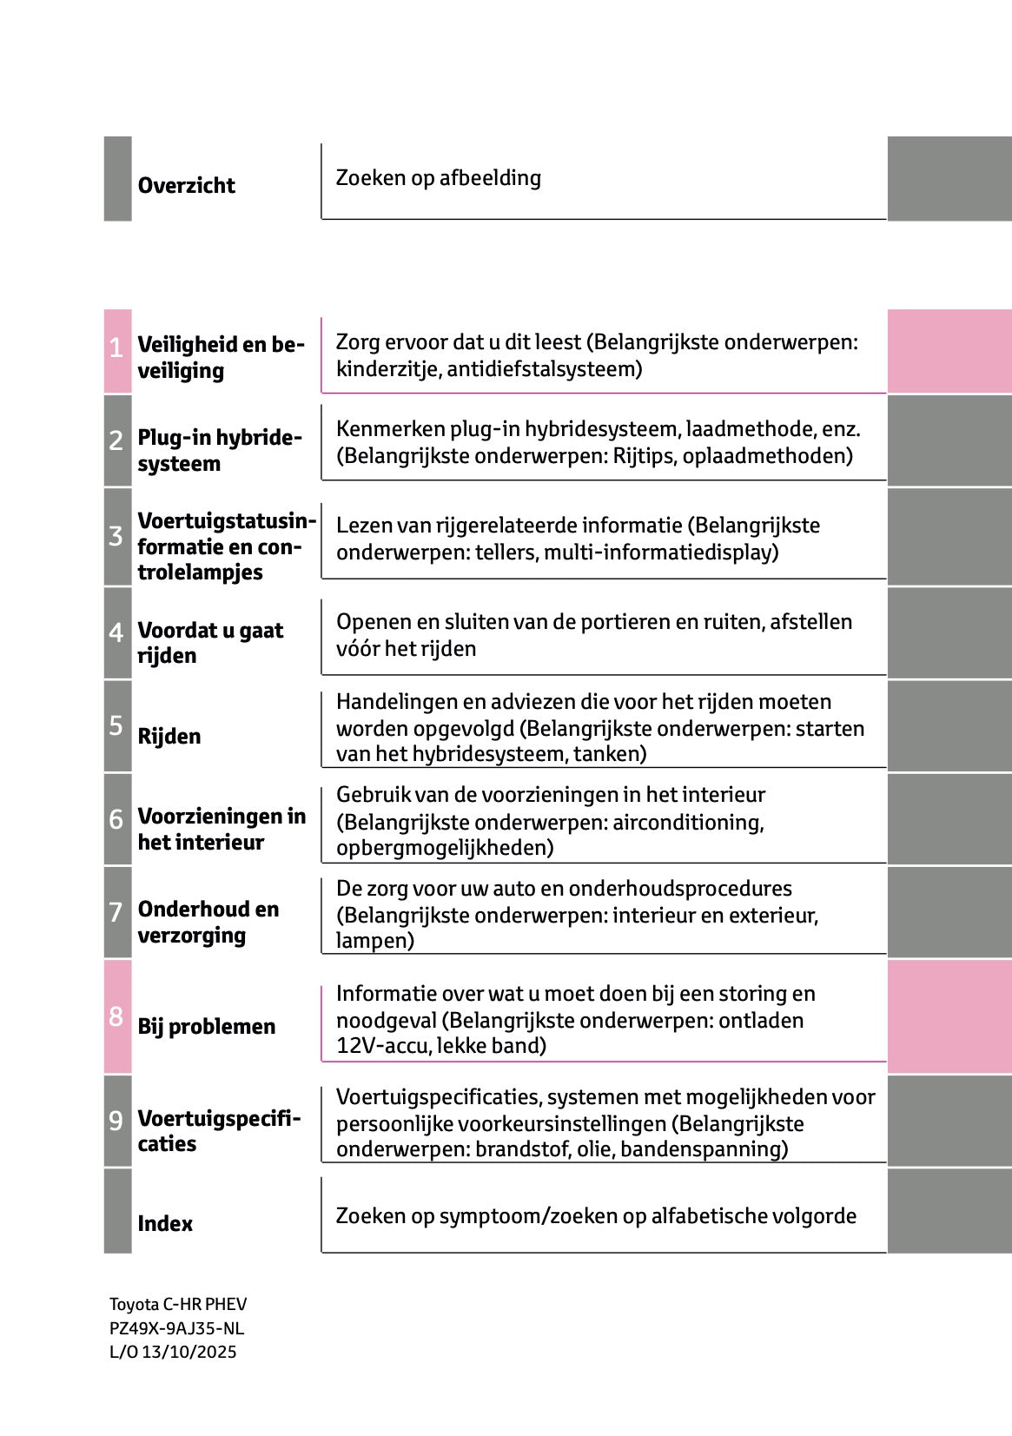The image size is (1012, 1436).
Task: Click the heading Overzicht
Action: [x=186, y=186]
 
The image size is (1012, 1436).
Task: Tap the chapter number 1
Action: [x=116, y=349]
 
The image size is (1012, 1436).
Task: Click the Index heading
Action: [x=165, y=1223]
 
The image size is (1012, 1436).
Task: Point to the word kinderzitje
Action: [x=387, y=369]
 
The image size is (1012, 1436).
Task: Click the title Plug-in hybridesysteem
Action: [x=219, y=450]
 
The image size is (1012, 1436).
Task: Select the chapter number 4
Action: [x=116, y=632]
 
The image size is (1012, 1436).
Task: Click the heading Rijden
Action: [x=169, y=737]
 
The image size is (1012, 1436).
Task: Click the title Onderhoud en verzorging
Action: [x=208, y=922]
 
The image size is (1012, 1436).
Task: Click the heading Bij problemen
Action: [x=206, y=1027]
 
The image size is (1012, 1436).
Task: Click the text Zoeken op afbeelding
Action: [x=438, y=178]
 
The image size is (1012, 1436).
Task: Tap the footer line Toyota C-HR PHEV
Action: [x=177, y=1304]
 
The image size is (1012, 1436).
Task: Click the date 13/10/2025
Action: [x=189, y=1352]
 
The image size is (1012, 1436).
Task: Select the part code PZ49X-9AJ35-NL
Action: [x=176, y=1328]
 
